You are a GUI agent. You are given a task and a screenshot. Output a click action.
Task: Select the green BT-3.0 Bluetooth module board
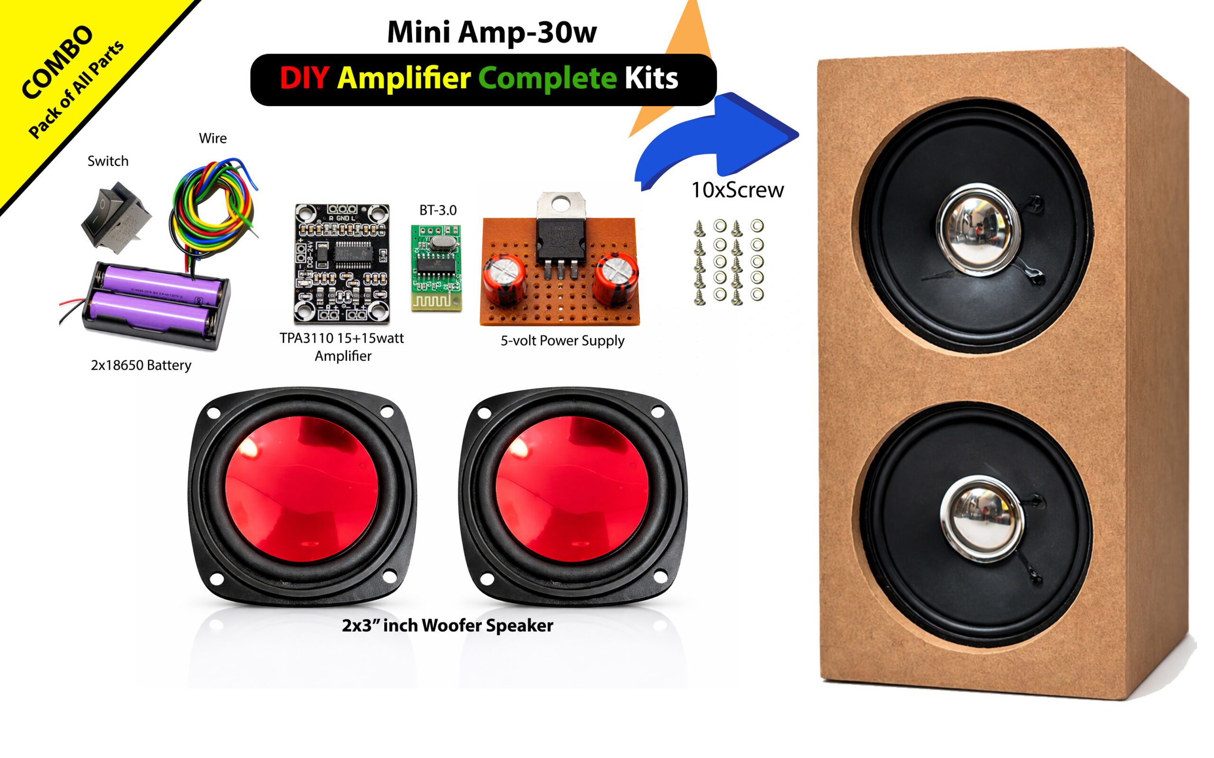[435, 268]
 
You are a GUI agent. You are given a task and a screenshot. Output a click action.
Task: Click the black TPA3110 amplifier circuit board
[341, 263]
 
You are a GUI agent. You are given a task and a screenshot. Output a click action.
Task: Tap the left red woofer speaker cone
[301, 489]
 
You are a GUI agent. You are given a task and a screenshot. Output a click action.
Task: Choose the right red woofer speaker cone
[572, 489]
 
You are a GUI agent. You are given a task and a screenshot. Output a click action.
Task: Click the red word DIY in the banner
[304, 79]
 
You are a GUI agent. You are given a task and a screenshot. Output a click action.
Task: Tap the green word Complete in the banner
[547, 79]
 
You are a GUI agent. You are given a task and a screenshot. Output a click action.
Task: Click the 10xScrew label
[737, 190]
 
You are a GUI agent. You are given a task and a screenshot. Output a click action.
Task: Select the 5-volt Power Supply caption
[562, 341]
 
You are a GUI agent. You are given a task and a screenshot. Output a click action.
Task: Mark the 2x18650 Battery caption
[141, 365]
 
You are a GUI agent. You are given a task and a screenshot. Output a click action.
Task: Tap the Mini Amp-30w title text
[492, 33]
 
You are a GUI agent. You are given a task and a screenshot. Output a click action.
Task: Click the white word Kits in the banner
[651, 79]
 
